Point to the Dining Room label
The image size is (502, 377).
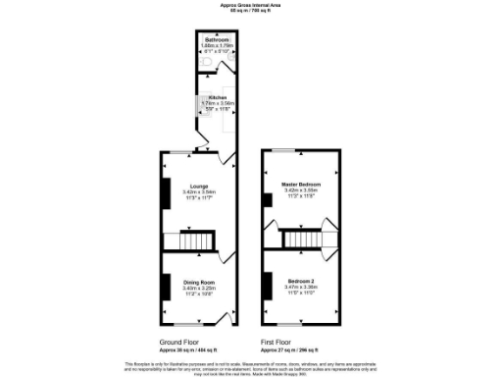200,281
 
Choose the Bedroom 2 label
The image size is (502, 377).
299,280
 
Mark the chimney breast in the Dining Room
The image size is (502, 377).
166,284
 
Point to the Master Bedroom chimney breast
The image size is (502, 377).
266,199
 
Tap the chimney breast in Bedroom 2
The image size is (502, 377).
266,284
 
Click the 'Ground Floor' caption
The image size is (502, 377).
181,343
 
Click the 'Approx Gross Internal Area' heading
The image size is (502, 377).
250,5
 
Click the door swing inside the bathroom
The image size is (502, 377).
226,62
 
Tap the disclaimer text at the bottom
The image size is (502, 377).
250,366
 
